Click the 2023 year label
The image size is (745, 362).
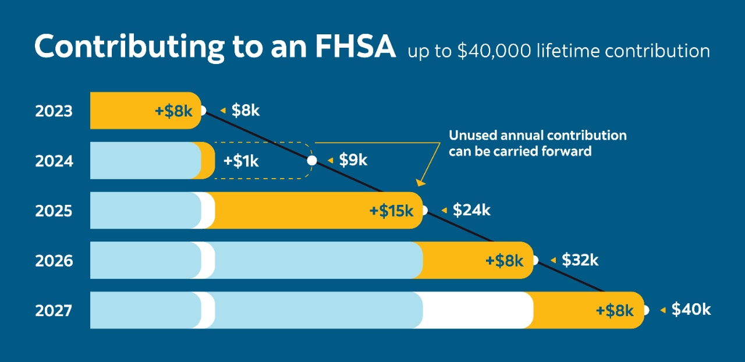click(x=54, y=111)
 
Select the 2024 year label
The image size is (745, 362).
click(x=54, y=161)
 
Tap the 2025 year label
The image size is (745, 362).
click(x=54, y=211)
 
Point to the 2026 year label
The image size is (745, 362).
click(x=54, y=261)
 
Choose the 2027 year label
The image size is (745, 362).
click(x=54, y=311)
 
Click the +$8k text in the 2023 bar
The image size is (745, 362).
click(x=173, y=111)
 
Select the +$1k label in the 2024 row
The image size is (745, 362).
click(x=241, y=161)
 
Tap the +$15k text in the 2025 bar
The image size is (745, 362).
click(x=391, y=211)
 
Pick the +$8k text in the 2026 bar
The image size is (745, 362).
click(x=505, y=261)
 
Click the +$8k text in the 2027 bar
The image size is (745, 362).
click(x=615, y=311)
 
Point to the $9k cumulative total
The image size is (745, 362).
click(x=353, y=160)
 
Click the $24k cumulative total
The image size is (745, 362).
click(x=471, y=210)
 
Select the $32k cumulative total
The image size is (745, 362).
click(x=580, y=260)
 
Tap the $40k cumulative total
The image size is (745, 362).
click(x=691, y=310)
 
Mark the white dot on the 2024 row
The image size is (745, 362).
click(x=312, y=160)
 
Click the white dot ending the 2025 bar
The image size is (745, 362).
click(x=424, y=210)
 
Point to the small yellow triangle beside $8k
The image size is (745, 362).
click(x=223, y=111)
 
